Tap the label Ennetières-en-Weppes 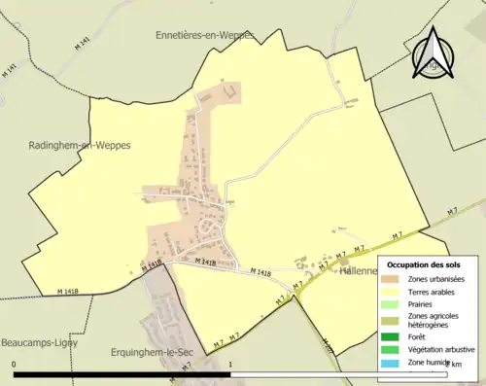[205, 35]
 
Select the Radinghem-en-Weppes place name [80, 145]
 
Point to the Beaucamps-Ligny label [40, 343]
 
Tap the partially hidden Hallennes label [357, 273]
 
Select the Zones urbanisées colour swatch [398, 281]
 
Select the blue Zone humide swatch [398, 363]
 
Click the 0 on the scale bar [15, 364]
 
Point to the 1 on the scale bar [230, 364]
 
